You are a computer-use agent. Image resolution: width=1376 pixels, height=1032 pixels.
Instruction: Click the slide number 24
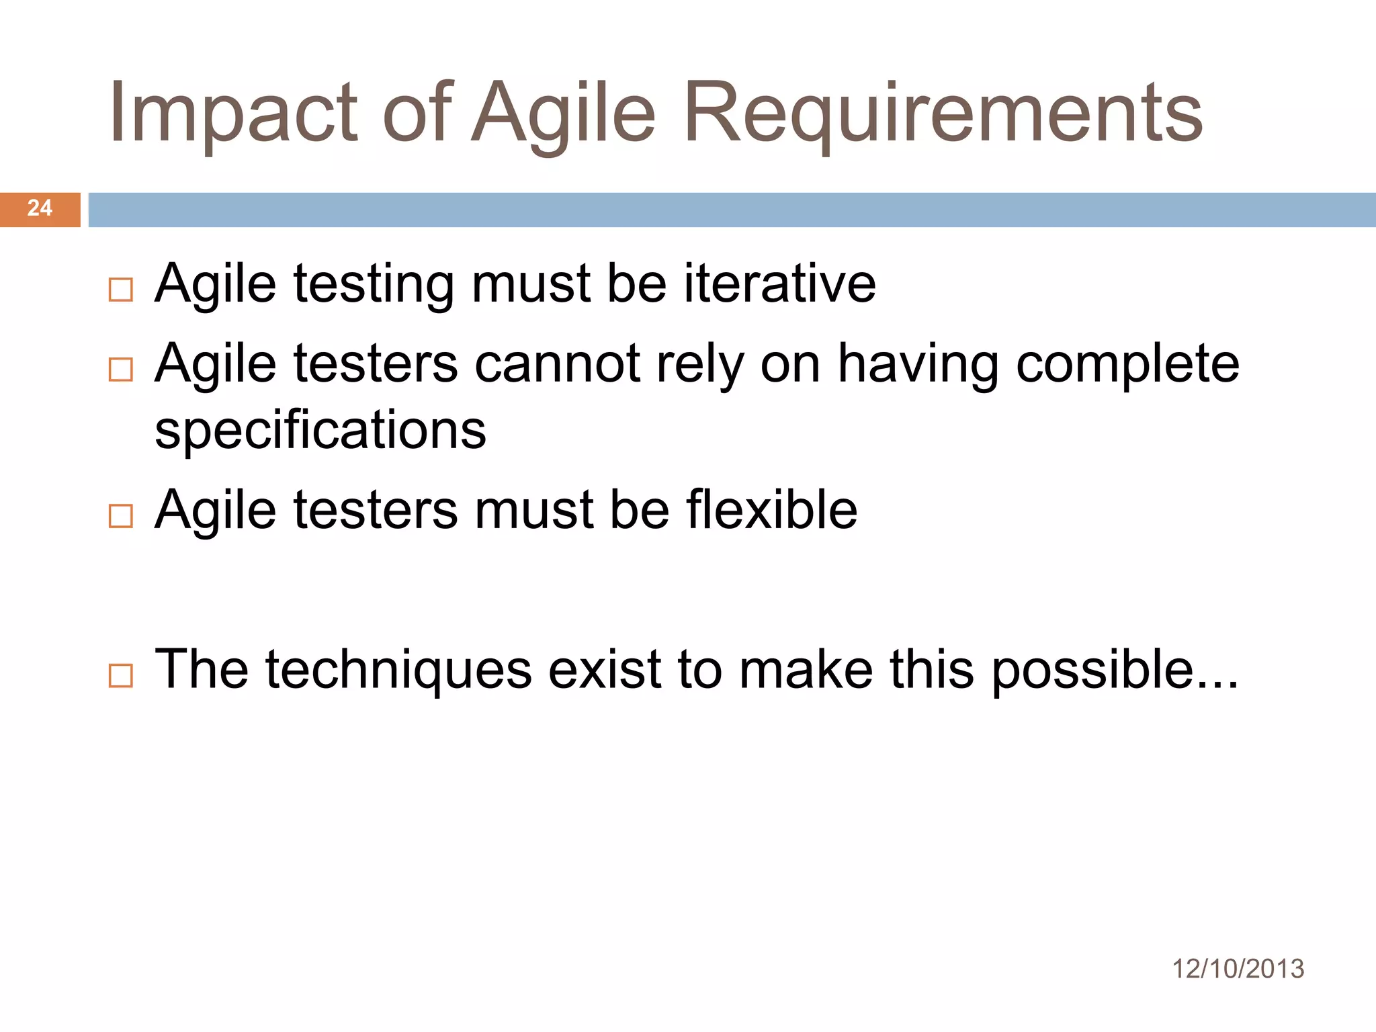tap(40, 208)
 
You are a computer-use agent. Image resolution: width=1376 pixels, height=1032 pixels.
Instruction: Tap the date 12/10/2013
tap(1238, 970)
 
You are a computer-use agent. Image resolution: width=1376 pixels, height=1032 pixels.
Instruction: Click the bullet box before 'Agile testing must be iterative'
tap(121, 290)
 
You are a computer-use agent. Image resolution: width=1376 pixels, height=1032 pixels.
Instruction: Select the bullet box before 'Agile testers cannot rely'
tap(121, 369)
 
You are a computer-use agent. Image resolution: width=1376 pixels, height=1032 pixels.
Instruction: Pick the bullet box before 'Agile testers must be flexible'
tap(121, 515)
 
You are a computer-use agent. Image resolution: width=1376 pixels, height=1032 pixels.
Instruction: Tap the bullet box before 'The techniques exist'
tap(121, 675)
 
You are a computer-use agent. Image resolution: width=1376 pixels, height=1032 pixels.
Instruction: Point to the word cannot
tap(557, 364)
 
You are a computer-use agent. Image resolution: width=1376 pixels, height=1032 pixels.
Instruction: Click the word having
tap(918, 364)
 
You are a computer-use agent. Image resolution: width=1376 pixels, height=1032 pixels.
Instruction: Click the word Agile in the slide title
tap(563, 113)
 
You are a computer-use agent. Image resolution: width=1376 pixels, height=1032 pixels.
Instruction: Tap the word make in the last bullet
tap(806, 670)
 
